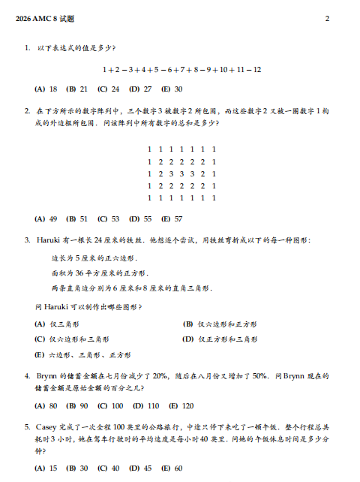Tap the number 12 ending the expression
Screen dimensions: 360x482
(256, 69)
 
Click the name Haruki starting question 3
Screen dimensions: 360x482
(49, 240)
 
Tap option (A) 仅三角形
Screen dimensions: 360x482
(58, 324)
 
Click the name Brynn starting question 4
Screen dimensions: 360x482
(49, 375)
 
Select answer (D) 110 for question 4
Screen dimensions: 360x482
(142, 405)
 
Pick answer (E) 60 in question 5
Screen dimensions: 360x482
(172, 468)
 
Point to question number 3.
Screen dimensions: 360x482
(27, 240)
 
